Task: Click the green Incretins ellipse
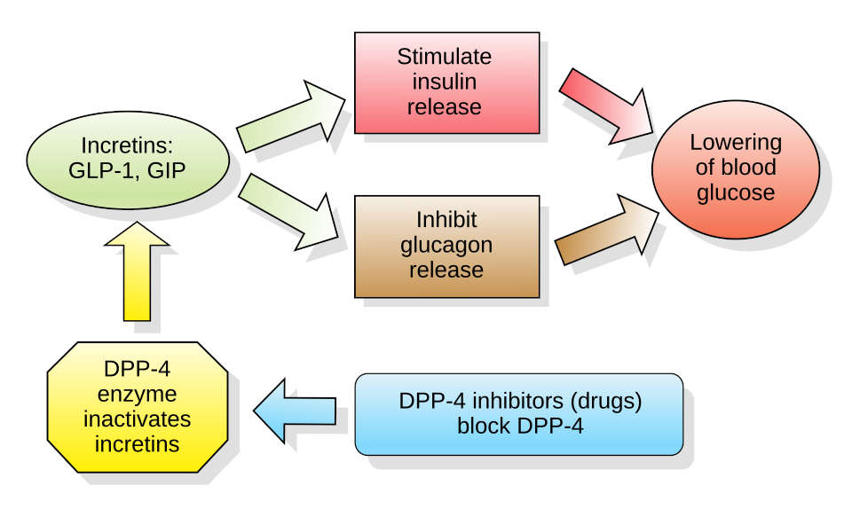128,161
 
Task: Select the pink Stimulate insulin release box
446,82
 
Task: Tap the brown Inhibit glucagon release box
446,247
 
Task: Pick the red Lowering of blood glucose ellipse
736,168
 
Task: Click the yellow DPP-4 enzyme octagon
138,407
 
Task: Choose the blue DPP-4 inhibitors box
519,414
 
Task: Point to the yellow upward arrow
137,271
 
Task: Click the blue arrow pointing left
295,411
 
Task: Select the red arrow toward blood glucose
606,106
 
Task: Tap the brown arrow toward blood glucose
606,231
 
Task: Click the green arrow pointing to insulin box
291,117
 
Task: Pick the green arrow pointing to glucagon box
288,212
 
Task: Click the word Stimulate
445,57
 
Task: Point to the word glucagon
446,246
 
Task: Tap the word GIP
167,170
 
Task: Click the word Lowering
737,143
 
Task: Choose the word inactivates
138,419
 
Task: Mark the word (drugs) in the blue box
606,402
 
